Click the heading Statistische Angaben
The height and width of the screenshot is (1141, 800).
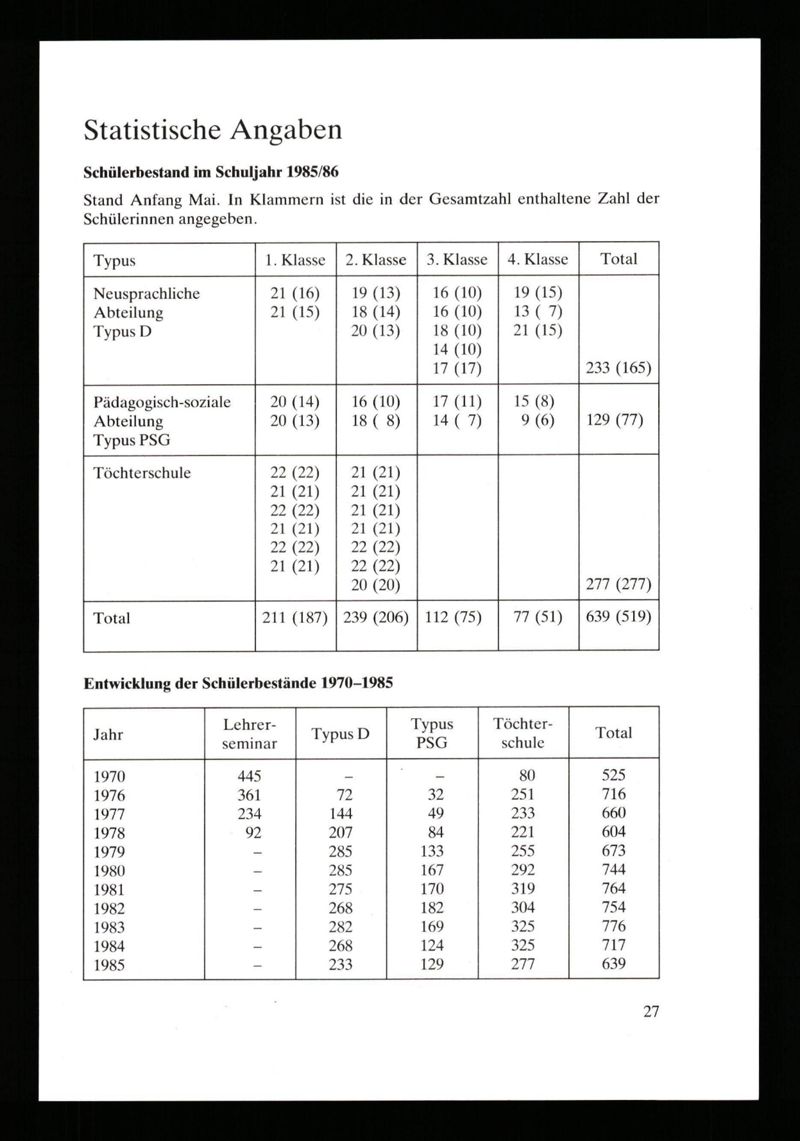213,131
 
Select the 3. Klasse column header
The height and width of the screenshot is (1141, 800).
457,260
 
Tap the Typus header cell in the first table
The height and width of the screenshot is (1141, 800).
114,260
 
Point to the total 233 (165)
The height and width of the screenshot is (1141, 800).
618,368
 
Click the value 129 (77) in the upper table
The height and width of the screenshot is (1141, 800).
615,420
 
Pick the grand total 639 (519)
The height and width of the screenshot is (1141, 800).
618,617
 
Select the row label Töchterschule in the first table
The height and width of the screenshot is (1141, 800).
142,473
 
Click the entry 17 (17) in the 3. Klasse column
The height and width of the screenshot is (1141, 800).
457,368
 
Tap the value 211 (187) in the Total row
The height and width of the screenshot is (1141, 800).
295,617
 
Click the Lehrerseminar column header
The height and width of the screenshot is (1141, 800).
250,733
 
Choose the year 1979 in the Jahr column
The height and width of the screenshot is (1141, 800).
109,852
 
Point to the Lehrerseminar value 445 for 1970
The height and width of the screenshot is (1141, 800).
250,776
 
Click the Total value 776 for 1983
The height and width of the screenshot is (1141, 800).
614,926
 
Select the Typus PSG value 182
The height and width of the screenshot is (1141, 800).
431,907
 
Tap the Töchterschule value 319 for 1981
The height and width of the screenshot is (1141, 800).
523,889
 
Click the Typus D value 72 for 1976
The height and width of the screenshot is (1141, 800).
344,795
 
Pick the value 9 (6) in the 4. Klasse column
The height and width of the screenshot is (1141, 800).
538,420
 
